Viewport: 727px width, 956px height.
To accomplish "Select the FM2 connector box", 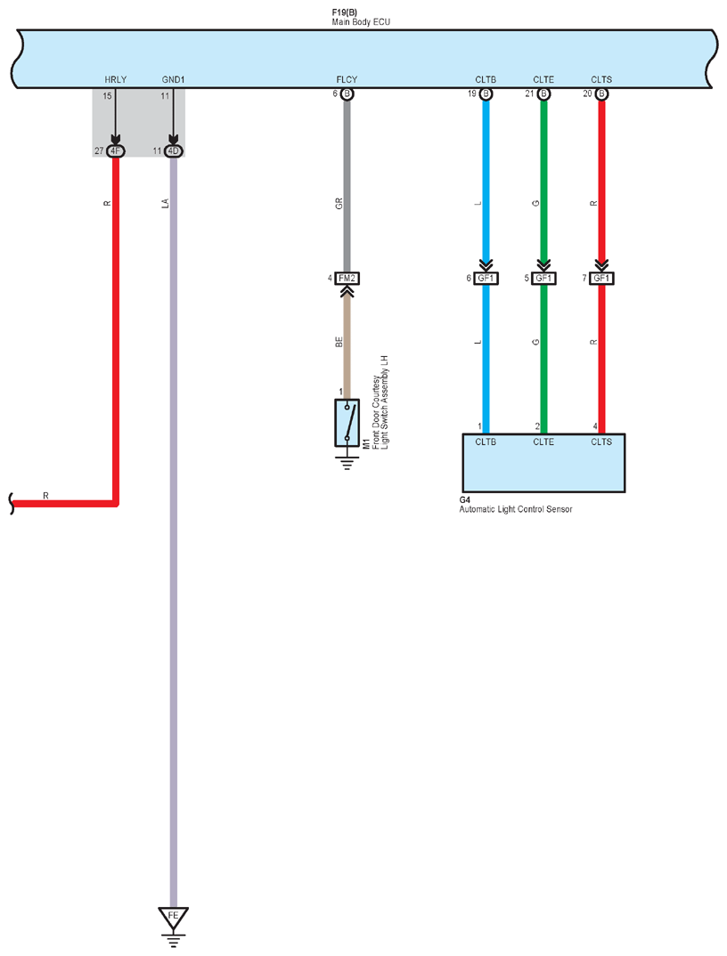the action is tap(347, 279).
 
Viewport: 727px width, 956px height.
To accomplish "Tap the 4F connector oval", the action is tap(115, 151).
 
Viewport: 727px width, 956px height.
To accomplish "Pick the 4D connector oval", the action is tap(174, 151).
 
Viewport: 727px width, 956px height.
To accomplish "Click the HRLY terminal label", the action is tap(115, 79).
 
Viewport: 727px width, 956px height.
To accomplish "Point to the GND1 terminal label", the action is tap(174, 79).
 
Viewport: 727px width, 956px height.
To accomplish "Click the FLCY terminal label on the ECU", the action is tap(347, 79).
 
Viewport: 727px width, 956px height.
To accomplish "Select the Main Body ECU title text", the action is tap(361, 22).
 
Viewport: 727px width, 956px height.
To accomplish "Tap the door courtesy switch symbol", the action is tap(347, 423).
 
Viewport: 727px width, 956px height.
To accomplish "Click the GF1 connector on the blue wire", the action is tap(486, 279).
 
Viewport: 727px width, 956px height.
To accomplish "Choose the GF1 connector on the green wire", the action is tap(543, 279).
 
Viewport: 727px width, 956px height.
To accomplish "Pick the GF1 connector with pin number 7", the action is tap(601, 279).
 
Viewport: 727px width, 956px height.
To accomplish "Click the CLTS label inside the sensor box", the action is tap(601, 442).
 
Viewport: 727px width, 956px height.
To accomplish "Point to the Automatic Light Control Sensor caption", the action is tap(516, 509).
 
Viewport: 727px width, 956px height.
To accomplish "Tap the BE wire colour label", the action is tap(339, 342).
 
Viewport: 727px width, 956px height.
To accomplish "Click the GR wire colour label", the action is tap(339, 204).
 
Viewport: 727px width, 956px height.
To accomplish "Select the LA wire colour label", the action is tap(166, 204).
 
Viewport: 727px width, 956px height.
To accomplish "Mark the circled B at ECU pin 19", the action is tap(486, 93).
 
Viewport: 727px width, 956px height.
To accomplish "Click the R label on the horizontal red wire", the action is tap(45, 497).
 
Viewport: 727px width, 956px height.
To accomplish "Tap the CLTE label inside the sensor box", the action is tap(543, 442).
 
